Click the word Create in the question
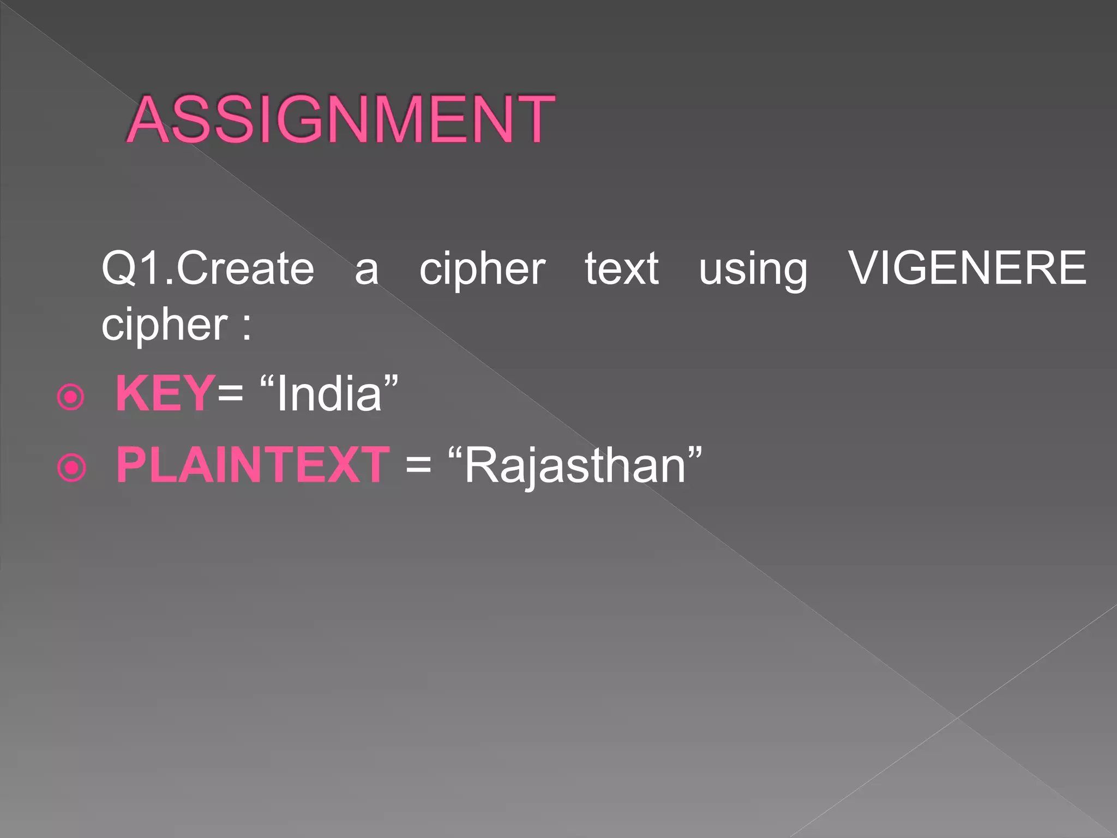(x=245, y=268)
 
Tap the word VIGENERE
(x=967, y=268)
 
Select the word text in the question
(x=622, y=268)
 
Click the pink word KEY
(x=165, y=393)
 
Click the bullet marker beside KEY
(x=71, y=397)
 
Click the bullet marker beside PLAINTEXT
(x=71, y=468)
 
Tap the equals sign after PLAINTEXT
(x=418, y=465)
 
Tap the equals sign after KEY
(x=230, y=393)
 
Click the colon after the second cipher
(x=247, y=328)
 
